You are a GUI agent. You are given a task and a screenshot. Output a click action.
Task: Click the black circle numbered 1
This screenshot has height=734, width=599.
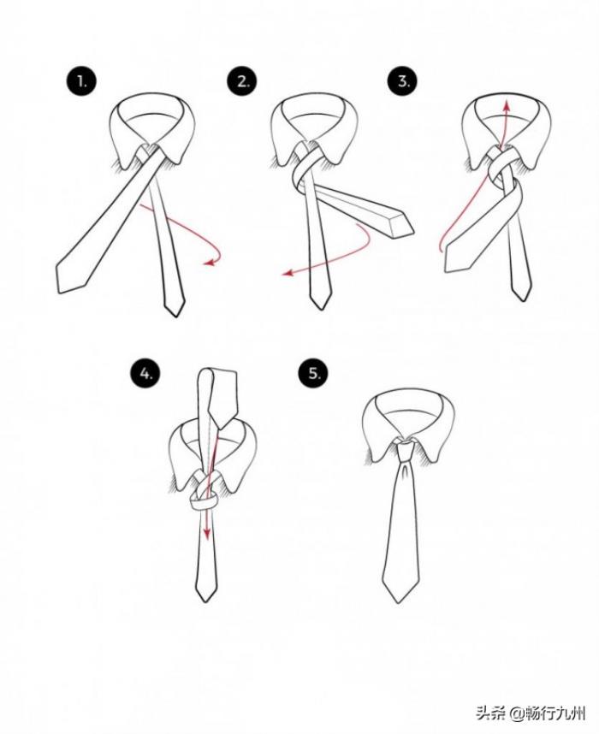pos(82,83)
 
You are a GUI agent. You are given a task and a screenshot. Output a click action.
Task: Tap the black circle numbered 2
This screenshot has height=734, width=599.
pos(243,82)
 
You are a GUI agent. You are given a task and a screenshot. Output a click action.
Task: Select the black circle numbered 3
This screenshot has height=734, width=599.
pos(403,81)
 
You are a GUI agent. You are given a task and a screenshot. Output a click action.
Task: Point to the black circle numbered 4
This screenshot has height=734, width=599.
pos(145,374)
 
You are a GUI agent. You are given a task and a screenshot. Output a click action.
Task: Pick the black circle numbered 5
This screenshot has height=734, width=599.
pos(314,373)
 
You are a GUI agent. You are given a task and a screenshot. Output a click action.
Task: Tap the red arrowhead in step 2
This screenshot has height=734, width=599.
pos(287,273)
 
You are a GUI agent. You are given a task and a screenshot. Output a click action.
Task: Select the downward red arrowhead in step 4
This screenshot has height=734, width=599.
pos(205,533)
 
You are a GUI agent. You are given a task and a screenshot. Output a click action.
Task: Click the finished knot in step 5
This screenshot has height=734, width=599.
pos(404,450)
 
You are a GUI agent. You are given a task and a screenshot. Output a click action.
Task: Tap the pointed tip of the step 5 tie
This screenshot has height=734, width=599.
pos(399,601)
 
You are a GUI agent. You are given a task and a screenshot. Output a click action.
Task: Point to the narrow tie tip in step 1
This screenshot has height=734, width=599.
pos(174,315)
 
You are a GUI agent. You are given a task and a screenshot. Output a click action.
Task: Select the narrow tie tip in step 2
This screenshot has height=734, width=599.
pos(320,308)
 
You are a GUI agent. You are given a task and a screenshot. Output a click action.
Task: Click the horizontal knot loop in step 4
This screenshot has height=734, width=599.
pos(204,505)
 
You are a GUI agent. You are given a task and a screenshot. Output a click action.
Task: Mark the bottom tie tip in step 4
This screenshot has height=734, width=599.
pos(205,601)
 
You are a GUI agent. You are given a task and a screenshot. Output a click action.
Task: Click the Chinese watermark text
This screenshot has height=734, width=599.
pos(531,713)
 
